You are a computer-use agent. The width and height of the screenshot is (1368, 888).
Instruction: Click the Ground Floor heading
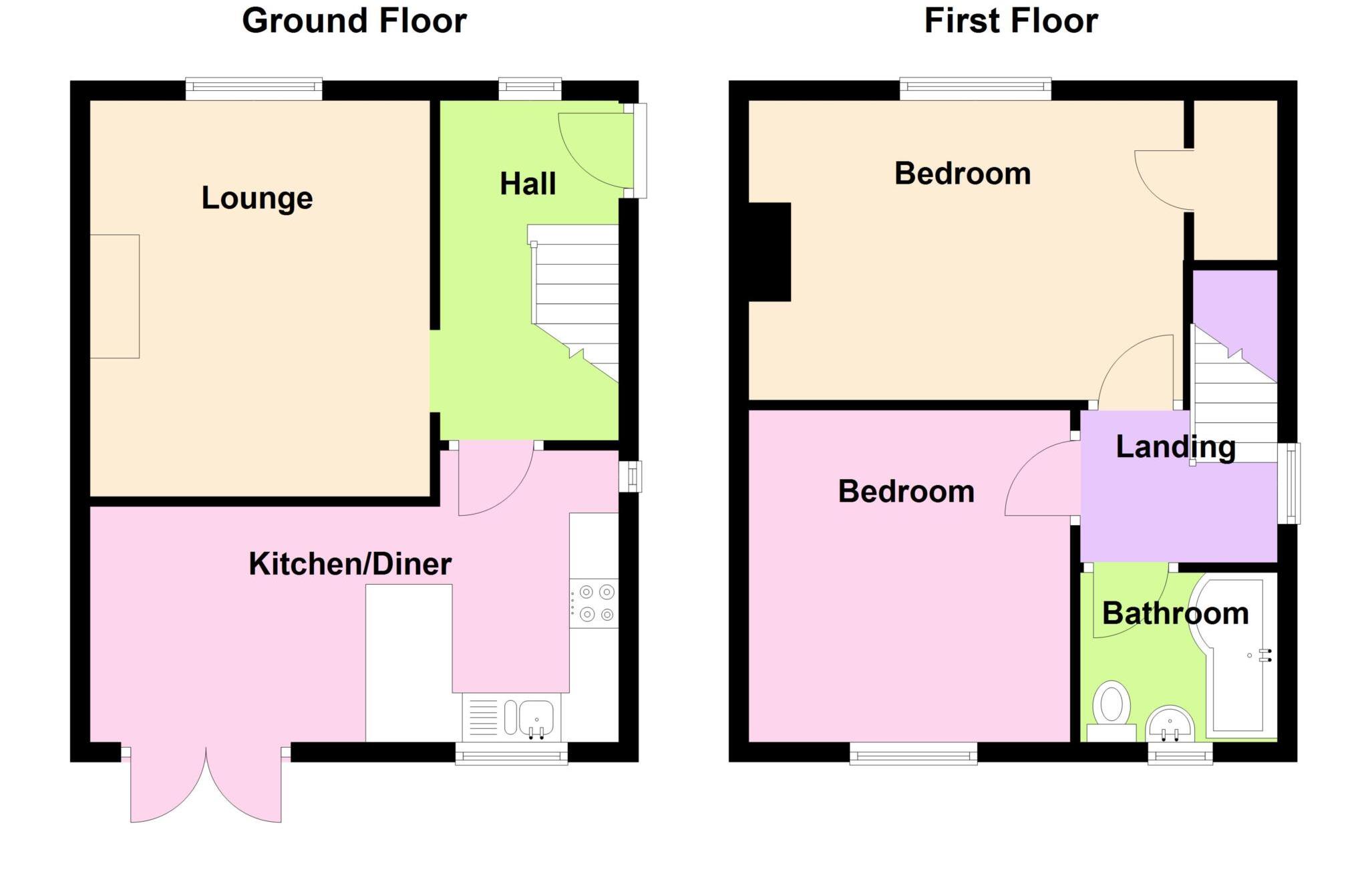[x=354, y=21]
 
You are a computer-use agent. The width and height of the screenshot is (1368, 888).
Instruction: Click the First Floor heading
[x=1011, y=21]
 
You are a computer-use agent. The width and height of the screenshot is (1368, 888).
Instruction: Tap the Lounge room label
[x=257, y=198]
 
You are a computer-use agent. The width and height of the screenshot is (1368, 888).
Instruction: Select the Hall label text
[x=528, y=184]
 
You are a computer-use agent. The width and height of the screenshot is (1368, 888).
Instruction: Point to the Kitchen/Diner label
[x=350, y=564]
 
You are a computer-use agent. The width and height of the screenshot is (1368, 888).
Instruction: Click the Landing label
[x=1176, y=446]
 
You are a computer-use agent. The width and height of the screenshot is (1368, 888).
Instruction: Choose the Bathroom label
[x=1175, y=613]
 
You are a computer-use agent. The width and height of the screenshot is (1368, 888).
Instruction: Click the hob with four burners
[x=594, y=603]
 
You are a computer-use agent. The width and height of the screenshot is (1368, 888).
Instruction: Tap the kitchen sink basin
[x=536, y=717]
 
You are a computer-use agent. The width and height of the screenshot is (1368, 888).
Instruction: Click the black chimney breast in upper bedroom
[x=769, y=252]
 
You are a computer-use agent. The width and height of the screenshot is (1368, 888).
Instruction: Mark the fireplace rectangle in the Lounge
[x=115, y=296]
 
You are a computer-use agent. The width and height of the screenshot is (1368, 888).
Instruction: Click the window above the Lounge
[x=254, y=88]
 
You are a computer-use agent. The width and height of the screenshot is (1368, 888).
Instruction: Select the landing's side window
[x=1289, y=483]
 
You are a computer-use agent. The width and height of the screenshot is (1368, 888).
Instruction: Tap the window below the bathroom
[x=1180, y=754]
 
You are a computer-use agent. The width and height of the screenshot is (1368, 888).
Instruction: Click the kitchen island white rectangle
[x=409, y=661]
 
